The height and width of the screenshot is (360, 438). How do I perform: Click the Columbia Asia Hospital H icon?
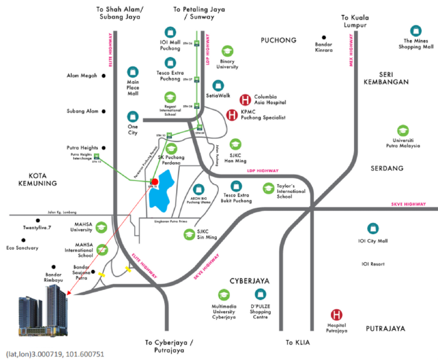[246, 100]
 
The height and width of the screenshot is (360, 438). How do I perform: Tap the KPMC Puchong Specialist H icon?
[232, 115]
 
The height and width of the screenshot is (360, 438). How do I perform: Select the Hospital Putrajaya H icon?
[336, 316]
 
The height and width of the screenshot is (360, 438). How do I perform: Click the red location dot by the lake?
[155, 182]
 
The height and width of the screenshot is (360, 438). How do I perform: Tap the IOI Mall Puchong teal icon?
[170, 32]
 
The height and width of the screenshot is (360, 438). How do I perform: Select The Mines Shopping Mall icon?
[415, 30]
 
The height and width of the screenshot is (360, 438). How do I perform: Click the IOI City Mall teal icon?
[373, 229]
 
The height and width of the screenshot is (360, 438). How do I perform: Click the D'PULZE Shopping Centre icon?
[261, 294]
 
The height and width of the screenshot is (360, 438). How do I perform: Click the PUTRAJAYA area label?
[386, 328]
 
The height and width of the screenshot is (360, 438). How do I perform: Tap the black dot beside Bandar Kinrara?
[324, 38]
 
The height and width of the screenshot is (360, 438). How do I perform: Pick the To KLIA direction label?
[298, 342]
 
